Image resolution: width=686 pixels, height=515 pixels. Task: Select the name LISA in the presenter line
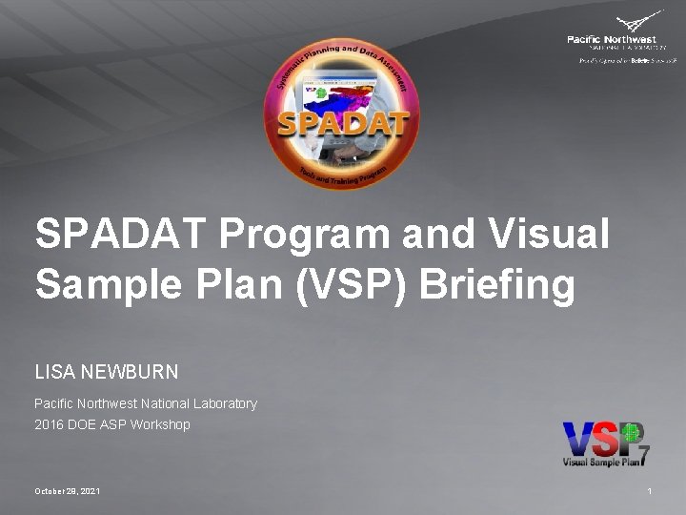click(53, 370)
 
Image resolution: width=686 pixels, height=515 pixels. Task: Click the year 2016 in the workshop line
click(49, 424)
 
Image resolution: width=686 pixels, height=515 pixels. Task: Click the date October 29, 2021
click(67, 490)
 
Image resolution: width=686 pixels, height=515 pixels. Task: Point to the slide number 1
click(649, 490)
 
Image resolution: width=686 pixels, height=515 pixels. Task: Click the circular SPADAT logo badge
click(341, 116)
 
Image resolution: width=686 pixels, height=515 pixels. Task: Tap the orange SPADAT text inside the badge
click(343, 125)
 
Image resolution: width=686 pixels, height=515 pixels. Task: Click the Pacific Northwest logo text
click(611, 39)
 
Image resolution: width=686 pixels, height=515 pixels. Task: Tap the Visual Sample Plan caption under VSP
click(599, 463)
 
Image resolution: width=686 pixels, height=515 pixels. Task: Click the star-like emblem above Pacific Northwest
click(638, 22)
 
